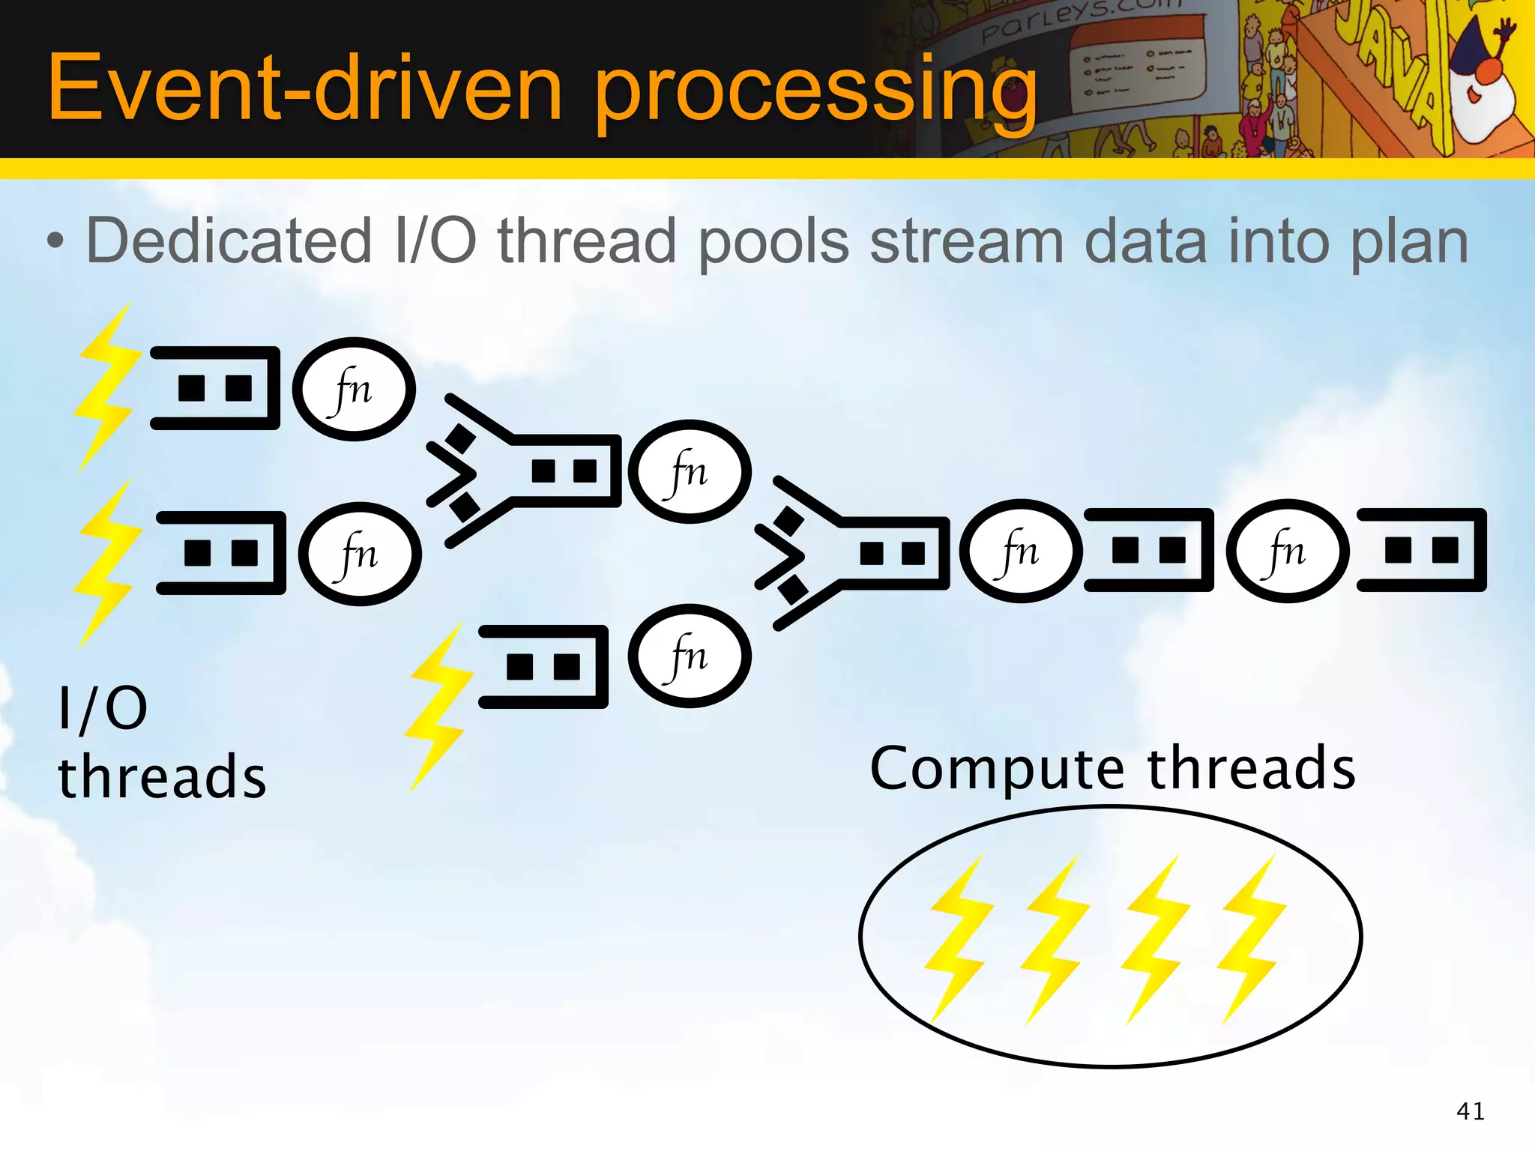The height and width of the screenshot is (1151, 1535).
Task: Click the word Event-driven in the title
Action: coord(304,88)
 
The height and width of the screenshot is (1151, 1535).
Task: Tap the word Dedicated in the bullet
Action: coord(229,241)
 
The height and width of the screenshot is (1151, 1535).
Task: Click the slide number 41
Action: coord(1470,1111)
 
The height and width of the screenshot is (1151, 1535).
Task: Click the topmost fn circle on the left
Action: coord(354,389)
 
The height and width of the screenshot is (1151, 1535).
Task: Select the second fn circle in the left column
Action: coord(360,554)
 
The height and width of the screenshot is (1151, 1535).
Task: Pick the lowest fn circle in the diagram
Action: coord(689,656)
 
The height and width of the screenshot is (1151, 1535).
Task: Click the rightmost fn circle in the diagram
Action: coord(1287,551)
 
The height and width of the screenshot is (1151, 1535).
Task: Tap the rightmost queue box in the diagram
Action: coord(1422,550)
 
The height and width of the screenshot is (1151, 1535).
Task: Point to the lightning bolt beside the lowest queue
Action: coord(438,708)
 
